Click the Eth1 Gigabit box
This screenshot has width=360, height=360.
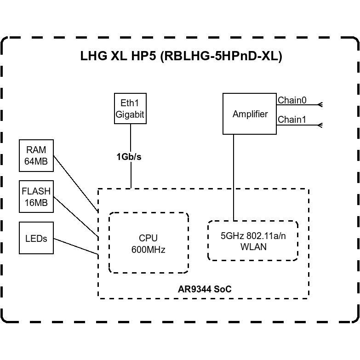pos(130,109)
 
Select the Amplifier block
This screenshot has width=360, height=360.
pos(250,114)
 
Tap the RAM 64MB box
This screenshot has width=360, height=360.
pos(36,155)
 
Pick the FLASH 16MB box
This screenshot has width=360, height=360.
pos(36,197)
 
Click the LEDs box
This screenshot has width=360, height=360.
pos(36,238)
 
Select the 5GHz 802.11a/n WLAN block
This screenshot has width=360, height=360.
pos(253,241)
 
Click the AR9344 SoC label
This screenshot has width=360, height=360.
pos(205,289)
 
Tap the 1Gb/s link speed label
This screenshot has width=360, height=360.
pos(129,157)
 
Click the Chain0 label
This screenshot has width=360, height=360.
pos(292,100)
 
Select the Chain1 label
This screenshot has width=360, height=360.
pos(292,120)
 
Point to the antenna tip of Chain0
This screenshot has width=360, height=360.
pos(320,105)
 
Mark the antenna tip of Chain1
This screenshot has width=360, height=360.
pos(320,125)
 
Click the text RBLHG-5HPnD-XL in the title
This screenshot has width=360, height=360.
pos(221,56)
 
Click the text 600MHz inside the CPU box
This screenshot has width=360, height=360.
pos(149,250)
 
